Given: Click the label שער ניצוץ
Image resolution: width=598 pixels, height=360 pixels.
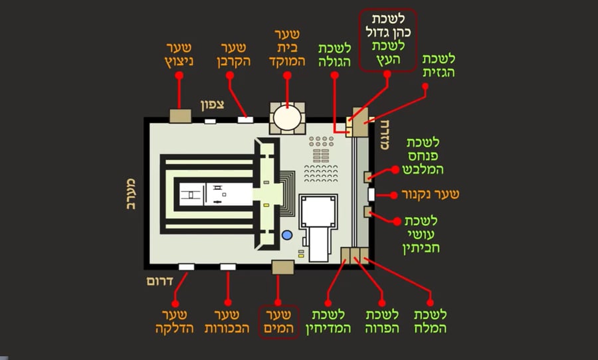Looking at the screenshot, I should [179, 54].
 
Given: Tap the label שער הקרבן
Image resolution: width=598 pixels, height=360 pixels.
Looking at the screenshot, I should [233, 54].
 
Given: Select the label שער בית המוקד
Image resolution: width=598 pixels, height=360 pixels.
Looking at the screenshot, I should [287, 48].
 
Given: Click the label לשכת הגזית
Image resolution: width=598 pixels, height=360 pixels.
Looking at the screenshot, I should [439, 67].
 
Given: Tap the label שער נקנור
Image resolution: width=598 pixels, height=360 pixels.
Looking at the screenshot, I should [429, 195].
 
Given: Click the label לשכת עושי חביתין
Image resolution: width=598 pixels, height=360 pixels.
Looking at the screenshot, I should [422, 234].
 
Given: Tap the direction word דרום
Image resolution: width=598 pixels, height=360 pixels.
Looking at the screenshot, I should [160, 282].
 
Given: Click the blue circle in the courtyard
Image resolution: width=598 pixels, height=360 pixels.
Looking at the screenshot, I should [287, 235].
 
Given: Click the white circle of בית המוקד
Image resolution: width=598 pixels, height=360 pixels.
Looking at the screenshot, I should [287, 118].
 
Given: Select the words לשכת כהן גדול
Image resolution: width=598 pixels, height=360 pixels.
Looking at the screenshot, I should [387, 24].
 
